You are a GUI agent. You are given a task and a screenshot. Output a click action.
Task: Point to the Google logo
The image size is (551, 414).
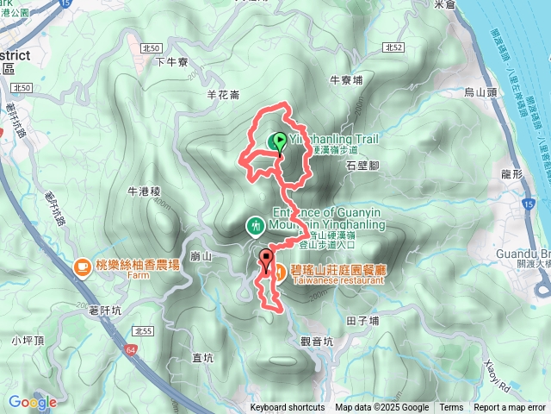pos(32,402)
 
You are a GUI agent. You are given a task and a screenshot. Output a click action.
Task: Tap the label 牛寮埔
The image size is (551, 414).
pos(347,79)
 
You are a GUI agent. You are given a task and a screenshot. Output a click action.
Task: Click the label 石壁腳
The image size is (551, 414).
pos(362,164)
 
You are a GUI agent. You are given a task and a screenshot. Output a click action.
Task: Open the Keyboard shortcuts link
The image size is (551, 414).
pos(288,408)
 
